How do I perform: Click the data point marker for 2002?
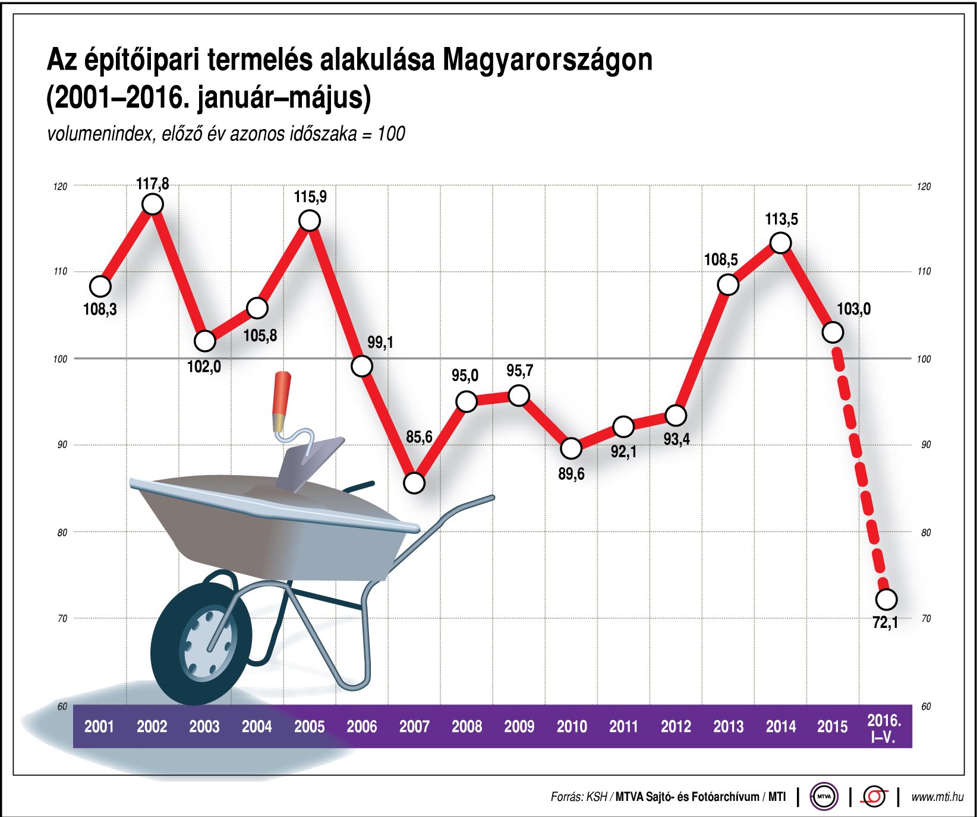153,204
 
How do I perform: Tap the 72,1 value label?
885,623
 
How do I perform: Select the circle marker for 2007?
414,483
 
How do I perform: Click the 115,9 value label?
310,197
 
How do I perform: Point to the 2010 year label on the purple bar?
571,726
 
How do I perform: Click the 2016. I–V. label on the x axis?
884,728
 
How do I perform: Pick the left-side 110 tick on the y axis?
60,272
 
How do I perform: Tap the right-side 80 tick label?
926,533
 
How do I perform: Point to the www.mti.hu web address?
937,797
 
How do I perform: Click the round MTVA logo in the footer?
824,796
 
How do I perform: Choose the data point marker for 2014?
780,243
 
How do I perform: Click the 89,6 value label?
571,474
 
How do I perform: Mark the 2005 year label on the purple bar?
309,726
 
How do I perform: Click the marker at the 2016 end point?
886,599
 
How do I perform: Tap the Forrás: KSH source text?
578,797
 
